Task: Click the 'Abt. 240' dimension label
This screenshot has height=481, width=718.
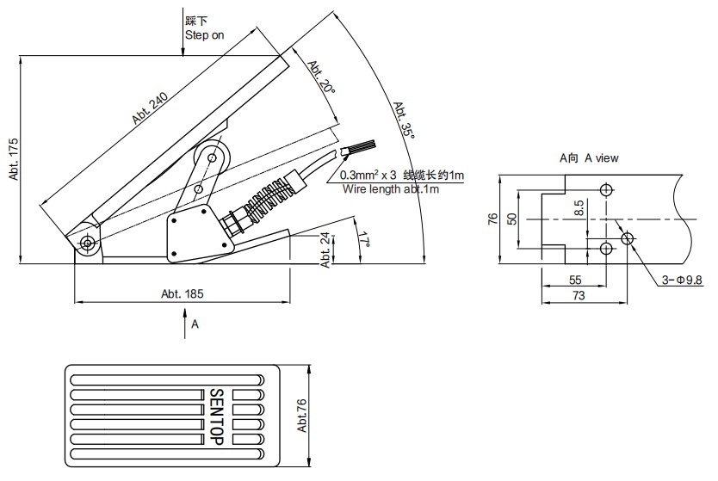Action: coord(150,108)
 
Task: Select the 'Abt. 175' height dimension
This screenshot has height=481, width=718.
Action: coord(14,159)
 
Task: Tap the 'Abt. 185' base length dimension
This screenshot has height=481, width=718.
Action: coord(182,293)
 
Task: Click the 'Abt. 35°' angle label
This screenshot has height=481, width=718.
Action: coord(405,120)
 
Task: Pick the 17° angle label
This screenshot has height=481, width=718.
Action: coord(367,240)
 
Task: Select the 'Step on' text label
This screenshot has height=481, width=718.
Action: coord(204,36)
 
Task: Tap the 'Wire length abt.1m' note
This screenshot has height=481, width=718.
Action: coord(391,189)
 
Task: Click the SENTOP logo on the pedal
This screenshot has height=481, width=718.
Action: coord(216,416)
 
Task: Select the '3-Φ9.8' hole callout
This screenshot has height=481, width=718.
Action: coord(683,280)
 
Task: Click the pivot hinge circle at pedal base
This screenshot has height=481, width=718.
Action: coord(88,244)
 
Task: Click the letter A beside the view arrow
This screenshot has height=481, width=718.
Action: coord(195,324)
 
